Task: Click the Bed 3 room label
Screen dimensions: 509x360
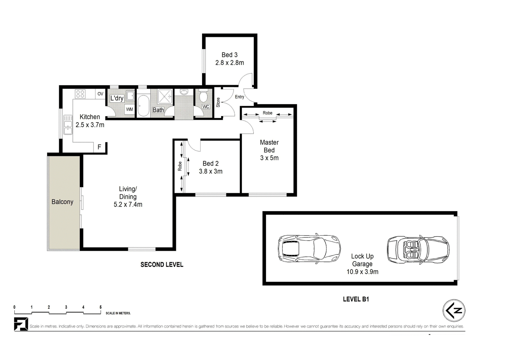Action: [229, 55]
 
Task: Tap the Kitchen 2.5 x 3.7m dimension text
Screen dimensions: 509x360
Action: [90, 125]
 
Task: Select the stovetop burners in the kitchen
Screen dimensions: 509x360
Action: [80, 94]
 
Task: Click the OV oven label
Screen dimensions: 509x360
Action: [101, 94]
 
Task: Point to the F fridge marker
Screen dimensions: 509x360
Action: [99, 147]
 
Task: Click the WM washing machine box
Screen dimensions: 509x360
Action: [129, 109]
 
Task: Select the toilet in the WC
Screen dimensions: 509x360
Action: [203, 96]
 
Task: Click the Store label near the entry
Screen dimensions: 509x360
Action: [218, 102]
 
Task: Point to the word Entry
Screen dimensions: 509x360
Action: [240, 97]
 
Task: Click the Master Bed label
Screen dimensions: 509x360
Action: [269, 146]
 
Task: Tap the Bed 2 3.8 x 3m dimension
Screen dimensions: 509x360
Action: [211, 171]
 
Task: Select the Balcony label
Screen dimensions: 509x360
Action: [62, 202]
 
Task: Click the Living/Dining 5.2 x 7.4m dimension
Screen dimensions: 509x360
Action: [128, 204]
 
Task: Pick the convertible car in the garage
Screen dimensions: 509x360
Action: [418, 250]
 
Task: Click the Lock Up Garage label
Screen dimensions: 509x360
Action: [362, 260]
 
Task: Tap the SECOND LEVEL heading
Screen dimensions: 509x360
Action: [162, 265]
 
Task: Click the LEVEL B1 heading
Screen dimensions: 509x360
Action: [356, 299]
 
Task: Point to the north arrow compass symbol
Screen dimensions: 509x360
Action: [454, 310]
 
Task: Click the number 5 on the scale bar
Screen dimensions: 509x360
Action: [101, 307]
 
